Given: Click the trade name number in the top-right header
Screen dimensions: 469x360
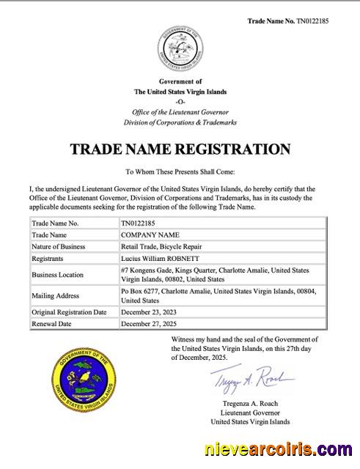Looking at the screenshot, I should (x=288, y=21).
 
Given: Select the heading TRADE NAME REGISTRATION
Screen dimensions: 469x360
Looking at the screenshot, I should (x=180, y=149).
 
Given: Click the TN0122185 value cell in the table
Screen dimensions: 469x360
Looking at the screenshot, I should (x=138, y=222).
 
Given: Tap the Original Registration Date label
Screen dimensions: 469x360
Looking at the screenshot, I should (x=70, y=312).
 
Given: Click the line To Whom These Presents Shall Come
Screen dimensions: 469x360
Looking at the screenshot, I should (x=180, y=172).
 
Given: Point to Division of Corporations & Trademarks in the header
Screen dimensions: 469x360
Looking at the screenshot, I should (x=180, y=122).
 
